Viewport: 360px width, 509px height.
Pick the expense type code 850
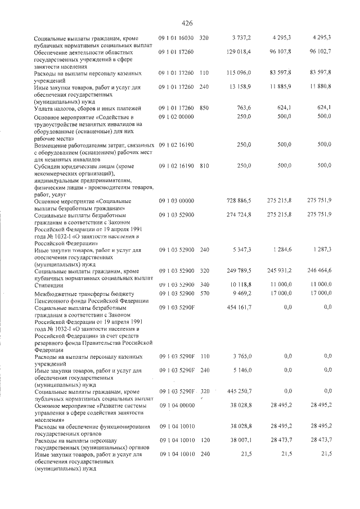tap(204, 107)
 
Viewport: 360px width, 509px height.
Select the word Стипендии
tap(48, 285)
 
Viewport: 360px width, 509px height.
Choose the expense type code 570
tap(204, 293)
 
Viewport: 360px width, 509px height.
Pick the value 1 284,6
tap(281, 249)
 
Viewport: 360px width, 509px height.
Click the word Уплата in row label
tap(46, 107)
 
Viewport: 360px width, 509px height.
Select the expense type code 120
tap(204, 442)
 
